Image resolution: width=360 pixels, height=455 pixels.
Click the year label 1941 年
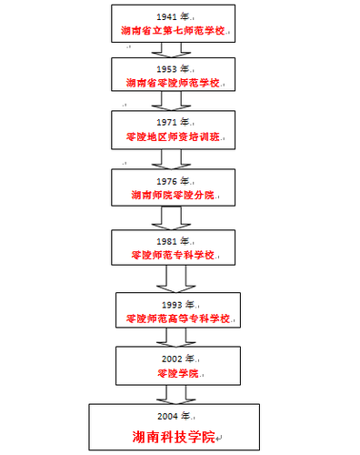point(171,17)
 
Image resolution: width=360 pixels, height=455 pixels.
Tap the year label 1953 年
point(171,69)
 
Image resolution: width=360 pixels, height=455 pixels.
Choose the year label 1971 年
point(171,123)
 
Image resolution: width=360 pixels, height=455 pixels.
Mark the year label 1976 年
point(171,181)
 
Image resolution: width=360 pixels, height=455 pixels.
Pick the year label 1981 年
point(172,241)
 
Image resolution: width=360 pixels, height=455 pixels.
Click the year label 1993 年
point(177,304)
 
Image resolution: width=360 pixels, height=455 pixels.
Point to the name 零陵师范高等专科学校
point(178,318)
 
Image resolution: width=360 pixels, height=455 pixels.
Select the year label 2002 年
point(171,359)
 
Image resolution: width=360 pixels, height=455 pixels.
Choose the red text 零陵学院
point(171,373)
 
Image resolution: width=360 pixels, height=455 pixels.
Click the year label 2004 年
point(171,415)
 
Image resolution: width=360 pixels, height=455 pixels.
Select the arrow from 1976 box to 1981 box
point(171,217)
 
